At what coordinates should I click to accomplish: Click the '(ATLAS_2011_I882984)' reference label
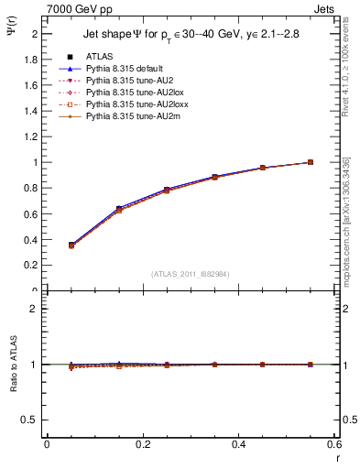[x=190, y=273]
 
